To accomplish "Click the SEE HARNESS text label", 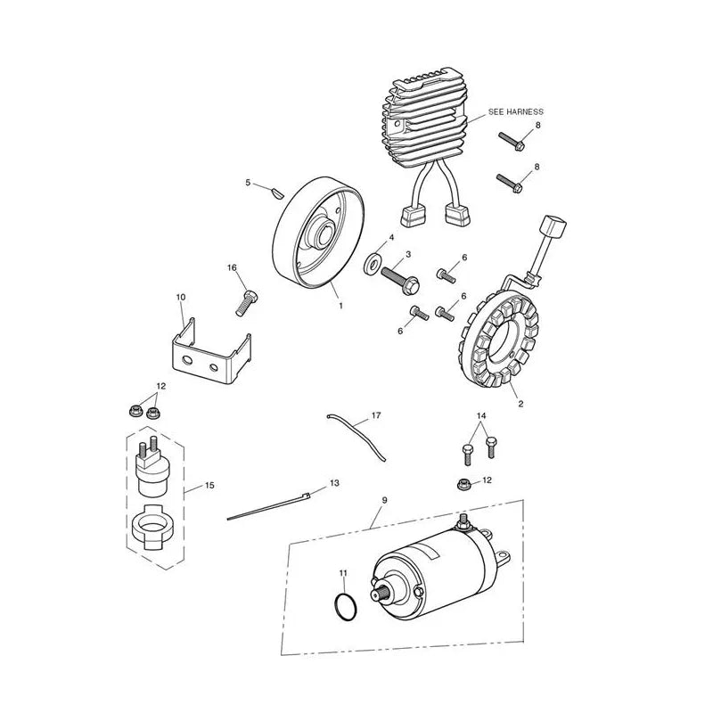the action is point(515,111).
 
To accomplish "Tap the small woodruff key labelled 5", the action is point(275,193).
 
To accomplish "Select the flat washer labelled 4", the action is point(373,263).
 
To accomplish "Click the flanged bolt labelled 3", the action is point(400,278).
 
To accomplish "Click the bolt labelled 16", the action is point(247,302).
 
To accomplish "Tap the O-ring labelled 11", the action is point(346,607).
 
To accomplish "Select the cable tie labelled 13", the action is point(268,506).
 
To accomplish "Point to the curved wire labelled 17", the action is point(356,438).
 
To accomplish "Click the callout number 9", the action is point(385,500).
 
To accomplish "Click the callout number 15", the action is point(209,486).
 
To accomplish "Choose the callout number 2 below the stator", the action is point(520,404).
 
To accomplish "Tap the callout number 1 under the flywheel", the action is point(341,306).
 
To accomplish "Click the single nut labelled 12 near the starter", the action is point(463,484).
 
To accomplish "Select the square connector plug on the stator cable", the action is point(553,226).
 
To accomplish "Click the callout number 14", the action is point(481,415).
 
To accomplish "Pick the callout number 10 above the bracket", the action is point(181,298).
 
